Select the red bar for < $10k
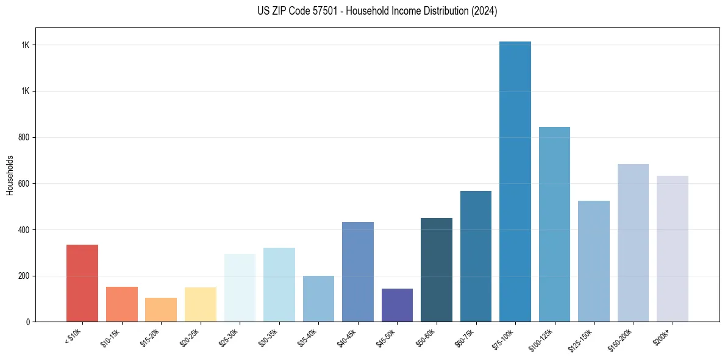(x=82, y=283)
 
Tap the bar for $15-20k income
(x=161, y=309)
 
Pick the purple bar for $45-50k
(x=397, y=305)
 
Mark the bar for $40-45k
(x=358, y=272)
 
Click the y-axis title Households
(x=10, y=175)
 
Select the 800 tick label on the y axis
(x=24, y=137)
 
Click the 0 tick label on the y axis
(x=28, y=322)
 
